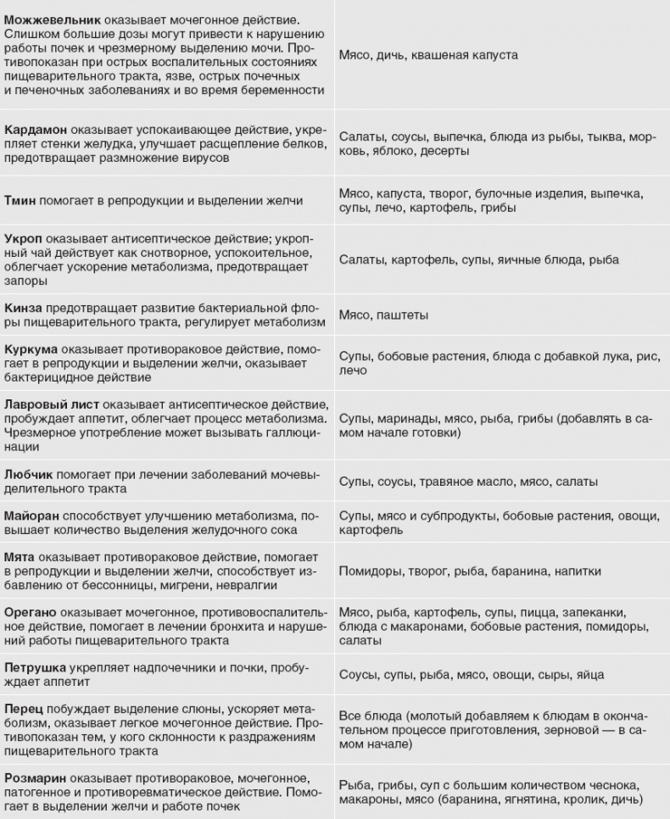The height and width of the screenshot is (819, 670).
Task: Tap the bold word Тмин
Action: (x=20, y=201)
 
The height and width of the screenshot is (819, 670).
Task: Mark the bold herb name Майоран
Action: (x=31, y=516)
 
